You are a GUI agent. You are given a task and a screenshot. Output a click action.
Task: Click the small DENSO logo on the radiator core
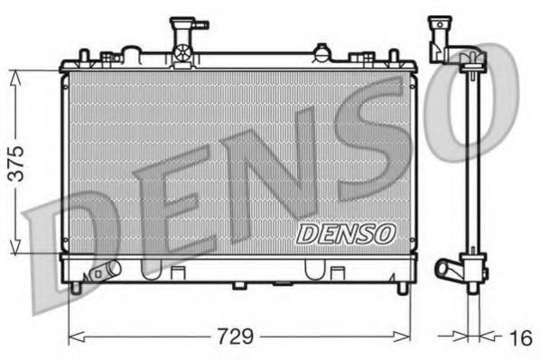point(346,233)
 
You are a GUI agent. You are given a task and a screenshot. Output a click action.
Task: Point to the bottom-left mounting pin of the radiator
point(76,288)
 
